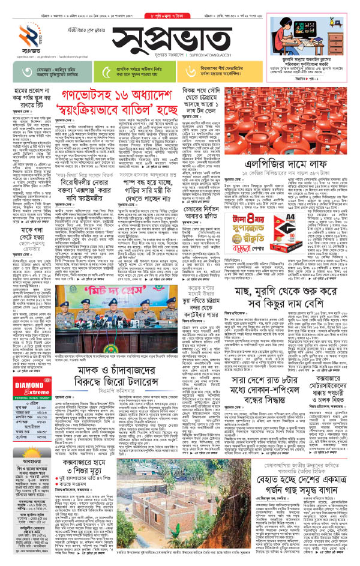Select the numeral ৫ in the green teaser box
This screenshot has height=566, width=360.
(x=107, y=74)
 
